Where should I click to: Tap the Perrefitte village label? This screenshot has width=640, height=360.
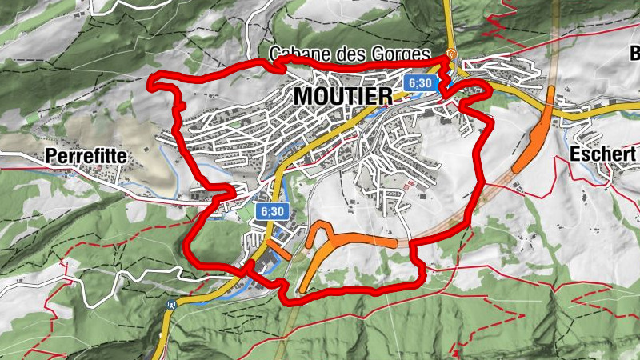click(x=87, y=157)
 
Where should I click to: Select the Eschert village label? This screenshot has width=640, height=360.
click(x=604, y=154)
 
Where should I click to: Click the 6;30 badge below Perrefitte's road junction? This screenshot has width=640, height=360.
click(x=272, y=211)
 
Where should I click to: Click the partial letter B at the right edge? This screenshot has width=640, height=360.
click(x=635, y=54)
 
